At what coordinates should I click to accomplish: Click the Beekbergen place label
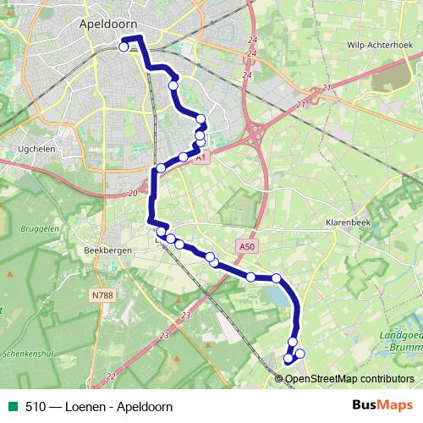tap(106, 250)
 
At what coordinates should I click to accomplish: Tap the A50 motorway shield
tap(246, 246)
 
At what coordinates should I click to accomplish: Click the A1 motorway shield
tap(200, 157)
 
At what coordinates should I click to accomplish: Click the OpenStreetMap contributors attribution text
tap(349, 378)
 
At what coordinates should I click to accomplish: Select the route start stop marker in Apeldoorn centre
tap(124, 47)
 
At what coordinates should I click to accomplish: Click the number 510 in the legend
tap(35, 406)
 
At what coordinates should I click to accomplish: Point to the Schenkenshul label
tap(27, 354)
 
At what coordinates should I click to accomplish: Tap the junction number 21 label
tap(302, 104)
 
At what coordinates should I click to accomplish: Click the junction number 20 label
tap(133, 194)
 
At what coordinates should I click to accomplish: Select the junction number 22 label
tap(110, 376)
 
